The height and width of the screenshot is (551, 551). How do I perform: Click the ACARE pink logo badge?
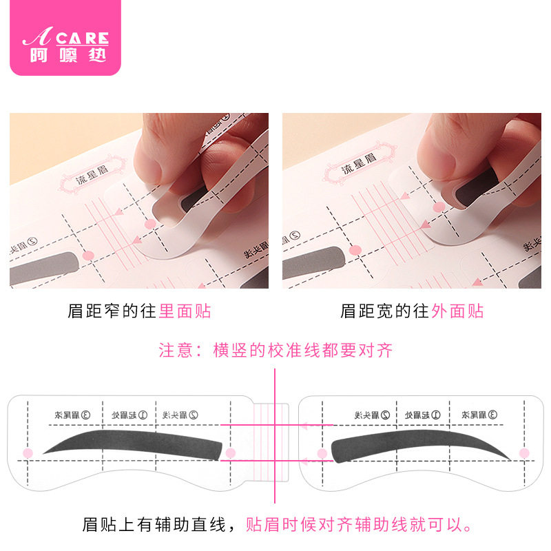click(65, 38)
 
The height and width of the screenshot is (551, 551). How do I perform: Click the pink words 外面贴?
click(457, 311)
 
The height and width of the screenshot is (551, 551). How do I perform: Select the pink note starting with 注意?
click(275, 350)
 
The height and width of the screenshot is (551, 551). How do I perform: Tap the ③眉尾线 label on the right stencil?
click(483, 415)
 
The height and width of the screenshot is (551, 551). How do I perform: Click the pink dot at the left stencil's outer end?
click(28, 453)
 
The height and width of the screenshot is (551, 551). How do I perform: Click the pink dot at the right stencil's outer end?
click(524, 453)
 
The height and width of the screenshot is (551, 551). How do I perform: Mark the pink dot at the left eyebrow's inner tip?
click(231, 453)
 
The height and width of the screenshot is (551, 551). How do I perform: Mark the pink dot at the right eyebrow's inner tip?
click(322, 453)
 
